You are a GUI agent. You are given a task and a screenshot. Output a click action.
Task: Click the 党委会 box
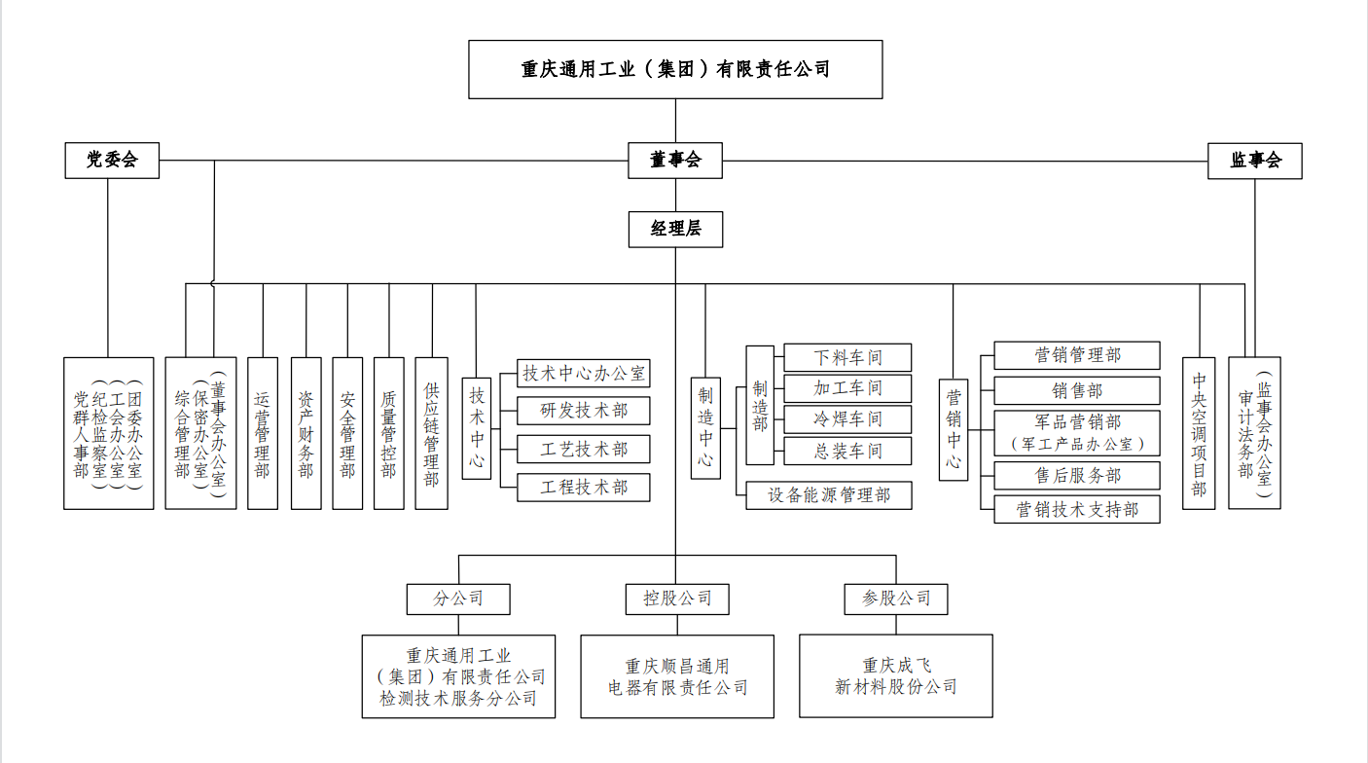click(111, 161)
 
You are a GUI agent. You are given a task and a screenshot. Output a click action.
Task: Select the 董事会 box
click(675, 161)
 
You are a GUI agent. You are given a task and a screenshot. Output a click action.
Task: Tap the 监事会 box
click(1254, 161)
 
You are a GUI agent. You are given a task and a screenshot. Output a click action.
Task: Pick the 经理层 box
click(675, 229)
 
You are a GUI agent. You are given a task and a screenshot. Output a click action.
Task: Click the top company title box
click(675, 69)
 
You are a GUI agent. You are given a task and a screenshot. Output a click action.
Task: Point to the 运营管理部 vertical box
click(263, 433)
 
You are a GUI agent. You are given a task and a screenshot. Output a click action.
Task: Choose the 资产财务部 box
click(306, 433)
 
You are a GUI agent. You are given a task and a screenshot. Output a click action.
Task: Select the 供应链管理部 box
click(431, 433)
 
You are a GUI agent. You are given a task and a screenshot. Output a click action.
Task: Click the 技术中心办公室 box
click(583, 373)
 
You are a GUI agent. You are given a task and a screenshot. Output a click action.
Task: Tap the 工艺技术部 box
click(583, 449)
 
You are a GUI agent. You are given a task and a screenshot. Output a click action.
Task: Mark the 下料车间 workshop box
click(848, 357)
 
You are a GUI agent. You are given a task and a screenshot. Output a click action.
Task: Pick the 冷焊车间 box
click(848, 419)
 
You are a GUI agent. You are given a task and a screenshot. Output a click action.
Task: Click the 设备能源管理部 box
click(829, 494)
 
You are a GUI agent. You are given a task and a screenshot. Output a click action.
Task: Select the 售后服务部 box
click(1076, 475)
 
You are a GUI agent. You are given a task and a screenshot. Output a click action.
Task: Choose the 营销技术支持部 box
click(1076, 509)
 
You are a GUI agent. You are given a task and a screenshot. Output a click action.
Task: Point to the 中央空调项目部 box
click(1199, 433)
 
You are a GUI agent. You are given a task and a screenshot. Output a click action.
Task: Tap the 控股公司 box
click(676, 599)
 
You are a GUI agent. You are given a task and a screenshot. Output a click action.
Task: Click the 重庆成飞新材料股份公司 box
click(895, 676)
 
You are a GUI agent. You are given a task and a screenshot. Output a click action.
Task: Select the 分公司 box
click(458, 599)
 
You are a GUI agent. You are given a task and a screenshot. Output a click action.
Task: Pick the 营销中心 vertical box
click(954, 429)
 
